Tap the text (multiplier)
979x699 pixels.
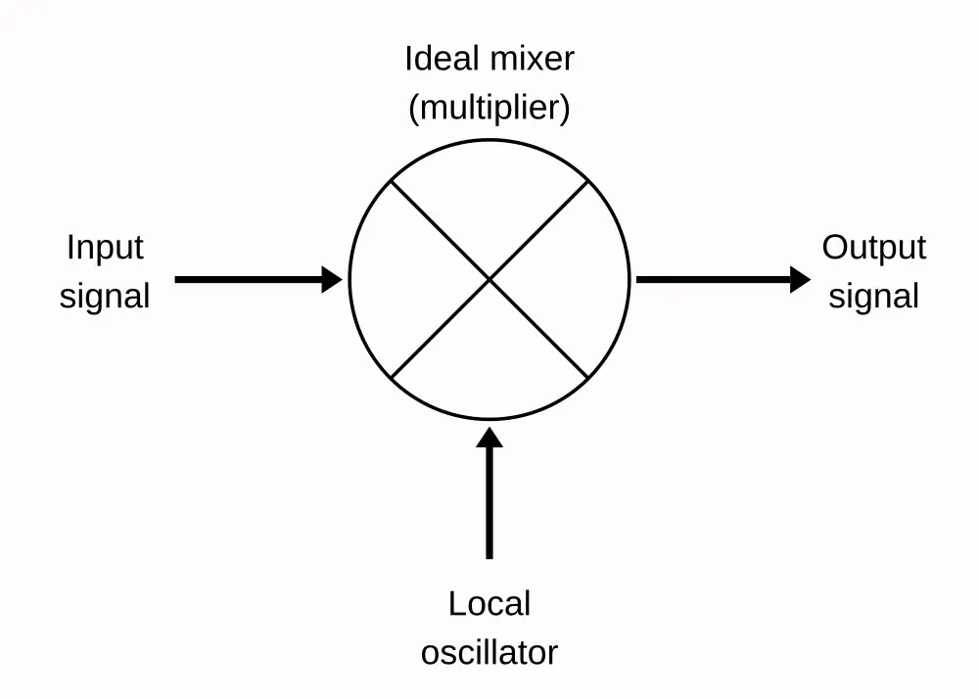click(489, 107)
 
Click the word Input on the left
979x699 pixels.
click(105, 248)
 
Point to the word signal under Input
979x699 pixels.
click(105, 296)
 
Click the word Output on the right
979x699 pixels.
click(873, 248)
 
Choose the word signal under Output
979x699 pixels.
click(873, 296)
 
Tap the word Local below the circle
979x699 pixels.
click(489, 603)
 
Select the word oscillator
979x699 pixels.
click(489, 651)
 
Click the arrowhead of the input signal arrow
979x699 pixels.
click(332, 280)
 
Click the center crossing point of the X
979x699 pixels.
click(489, 280)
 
